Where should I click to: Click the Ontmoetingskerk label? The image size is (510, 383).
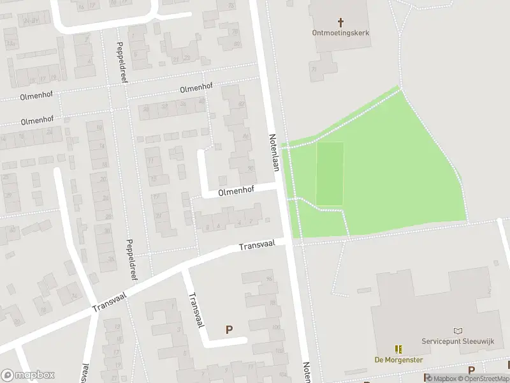click(341, 33)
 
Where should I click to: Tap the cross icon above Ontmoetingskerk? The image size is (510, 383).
click(340, 22)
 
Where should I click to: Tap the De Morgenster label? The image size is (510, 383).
click(399, 359)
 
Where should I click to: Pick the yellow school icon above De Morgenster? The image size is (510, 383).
click(399, 349)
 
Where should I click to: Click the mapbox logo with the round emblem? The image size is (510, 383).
click(27, 375)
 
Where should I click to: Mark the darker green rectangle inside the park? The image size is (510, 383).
click(330, 174)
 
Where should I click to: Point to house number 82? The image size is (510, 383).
click(241, 103)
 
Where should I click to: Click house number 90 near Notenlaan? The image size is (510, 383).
click(251, 170)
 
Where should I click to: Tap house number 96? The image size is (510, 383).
click(269, 279)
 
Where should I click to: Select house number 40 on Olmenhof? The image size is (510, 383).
click(201, 101)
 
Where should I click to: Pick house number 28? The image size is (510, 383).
click(146, 108)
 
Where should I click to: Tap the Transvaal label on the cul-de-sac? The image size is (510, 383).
click(194, 311)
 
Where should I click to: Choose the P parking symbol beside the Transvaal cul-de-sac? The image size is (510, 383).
click(229, 329)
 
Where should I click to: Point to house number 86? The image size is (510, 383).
click(245, 136)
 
